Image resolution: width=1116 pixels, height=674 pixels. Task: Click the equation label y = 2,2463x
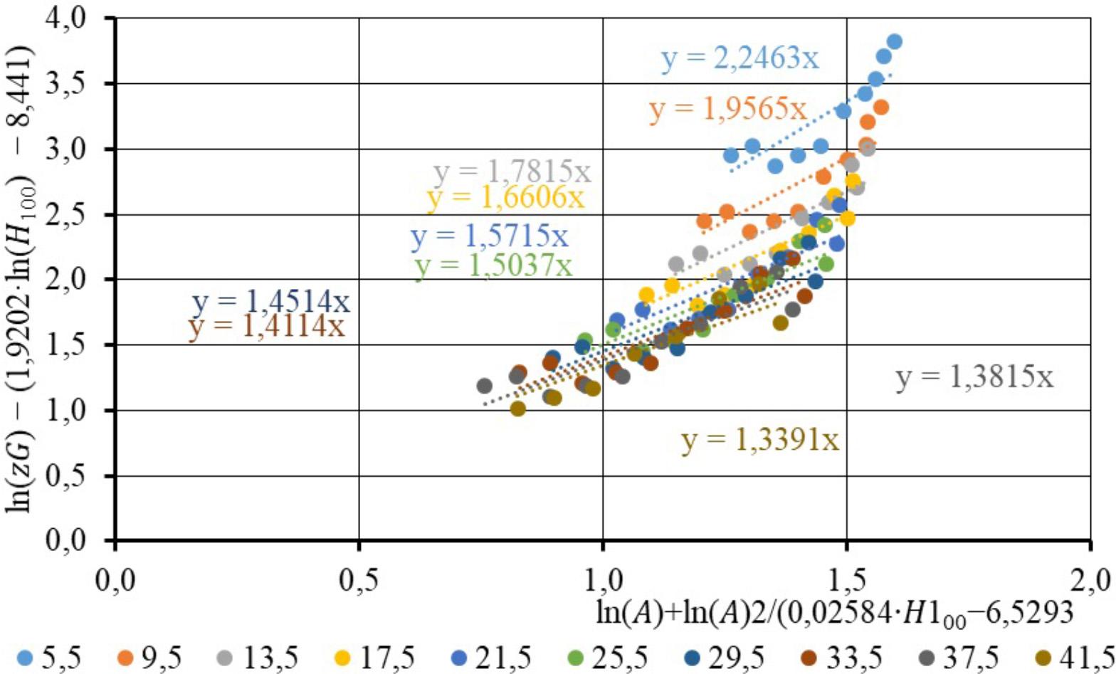click(x=740, y=58)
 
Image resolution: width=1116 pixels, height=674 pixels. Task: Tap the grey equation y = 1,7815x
click(x=512, y=172)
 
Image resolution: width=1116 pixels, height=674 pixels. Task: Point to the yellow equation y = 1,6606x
click(x=505, y=197)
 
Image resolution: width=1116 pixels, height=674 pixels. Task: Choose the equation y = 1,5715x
click(x=490, y=237)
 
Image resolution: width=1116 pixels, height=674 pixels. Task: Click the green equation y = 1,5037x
click(x=493, y=265)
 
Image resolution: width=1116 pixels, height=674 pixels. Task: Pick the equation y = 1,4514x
click(x=270, y=302)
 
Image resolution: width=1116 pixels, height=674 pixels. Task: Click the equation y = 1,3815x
click(x=974, y=378)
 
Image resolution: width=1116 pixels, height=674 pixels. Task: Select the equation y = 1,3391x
click(x=760, y=441)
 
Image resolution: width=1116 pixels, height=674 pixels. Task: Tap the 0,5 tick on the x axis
click(x=359, y=569)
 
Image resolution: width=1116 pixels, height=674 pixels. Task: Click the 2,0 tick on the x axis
click(x=1090, y=569)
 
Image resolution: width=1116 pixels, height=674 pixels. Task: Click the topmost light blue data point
click(x=895, y=41)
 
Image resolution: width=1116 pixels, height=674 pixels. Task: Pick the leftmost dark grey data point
click(x=485, y=386)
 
